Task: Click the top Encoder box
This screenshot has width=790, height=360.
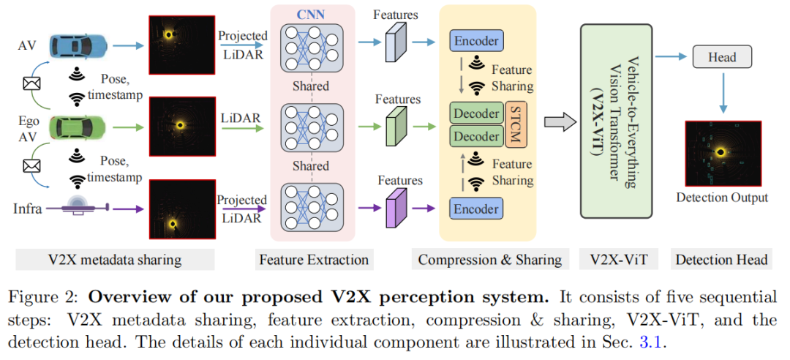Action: (476, 42)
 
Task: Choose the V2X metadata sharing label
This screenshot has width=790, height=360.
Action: (116, 259)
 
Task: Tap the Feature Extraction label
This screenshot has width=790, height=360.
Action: (314, 259)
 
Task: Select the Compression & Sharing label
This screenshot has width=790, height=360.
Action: (489, 259)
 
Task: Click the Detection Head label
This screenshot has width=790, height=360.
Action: (721, 259)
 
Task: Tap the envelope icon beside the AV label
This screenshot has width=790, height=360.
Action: (31, 84)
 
